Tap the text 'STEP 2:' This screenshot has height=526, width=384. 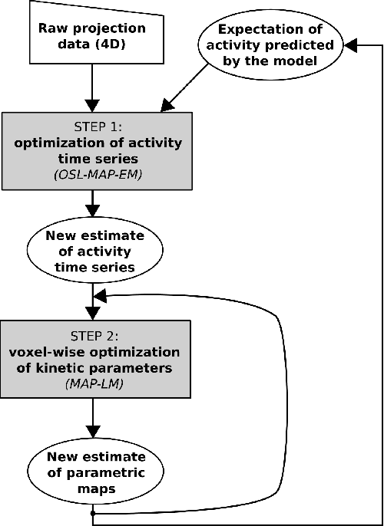[93, 334]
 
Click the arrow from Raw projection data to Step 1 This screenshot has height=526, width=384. [93, 88]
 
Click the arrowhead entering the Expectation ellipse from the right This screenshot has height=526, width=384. [352, 47]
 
